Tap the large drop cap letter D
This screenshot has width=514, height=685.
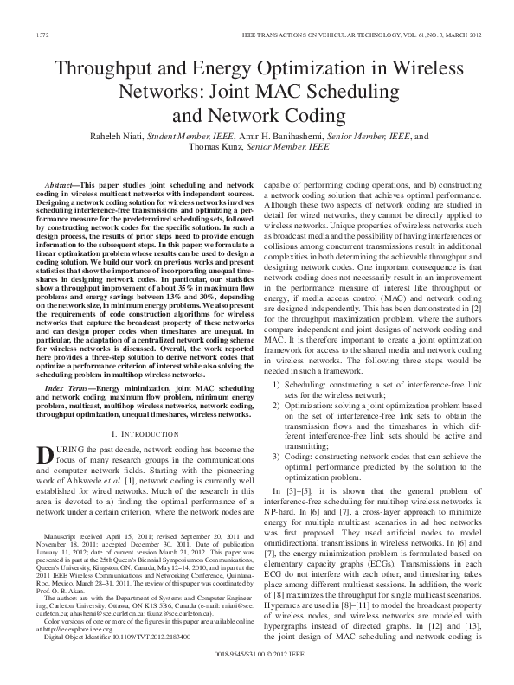(x=48, y=455)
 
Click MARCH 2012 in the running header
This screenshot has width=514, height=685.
(x=459, y=36)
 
